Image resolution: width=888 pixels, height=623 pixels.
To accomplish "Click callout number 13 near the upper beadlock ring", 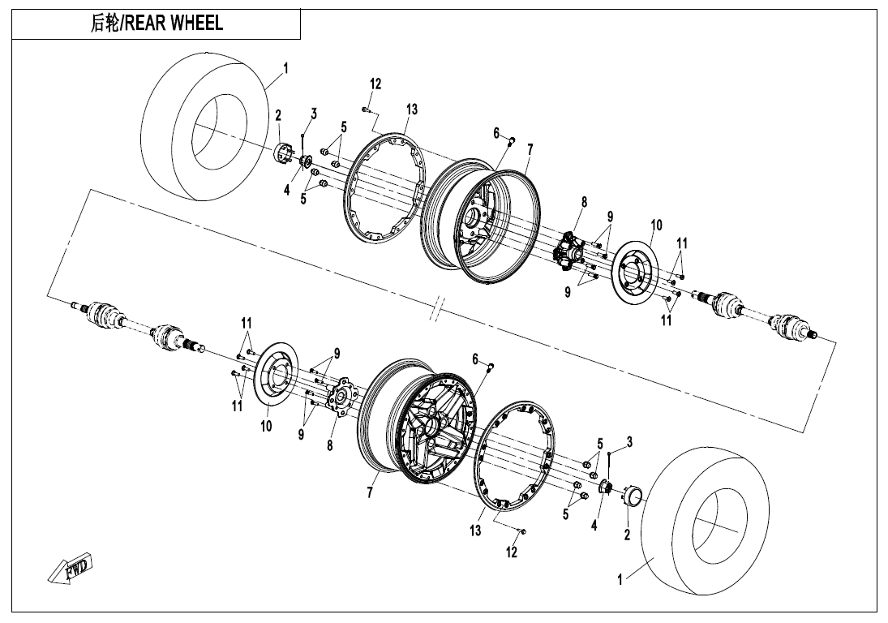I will (412, 110).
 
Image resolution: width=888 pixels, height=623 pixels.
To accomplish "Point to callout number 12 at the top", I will (375, 84).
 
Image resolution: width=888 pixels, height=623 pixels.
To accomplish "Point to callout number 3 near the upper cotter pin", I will (314, 113).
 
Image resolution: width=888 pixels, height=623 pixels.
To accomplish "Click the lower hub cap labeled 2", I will (633, 495).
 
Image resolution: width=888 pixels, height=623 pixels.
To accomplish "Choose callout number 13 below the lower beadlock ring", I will (475, 531).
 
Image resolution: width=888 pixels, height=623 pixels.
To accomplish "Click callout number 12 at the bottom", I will (512, 552).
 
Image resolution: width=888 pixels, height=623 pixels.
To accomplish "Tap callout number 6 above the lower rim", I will (476, 359).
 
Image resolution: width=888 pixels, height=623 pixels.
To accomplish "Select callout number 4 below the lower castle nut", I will (594, 525).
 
